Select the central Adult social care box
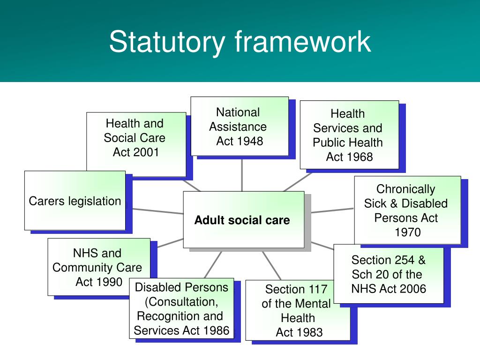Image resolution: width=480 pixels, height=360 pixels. coord(243,219)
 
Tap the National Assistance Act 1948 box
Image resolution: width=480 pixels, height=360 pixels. coord(240,126)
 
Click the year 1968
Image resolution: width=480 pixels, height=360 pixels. coord(358,157)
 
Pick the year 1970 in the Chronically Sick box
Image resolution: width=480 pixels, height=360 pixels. coord(407,232)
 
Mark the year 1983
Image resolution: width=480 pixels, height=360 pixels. coord(309,332)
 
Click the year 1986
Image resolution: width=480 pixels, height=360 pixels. coord(216,330)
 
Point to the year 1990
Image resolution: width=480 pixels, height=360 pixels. coord(109,282)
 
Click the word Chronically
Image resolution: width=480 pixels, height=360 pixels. coord(406,189)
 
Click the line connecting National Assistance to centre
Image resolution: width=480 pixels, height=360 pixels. coord(242,173)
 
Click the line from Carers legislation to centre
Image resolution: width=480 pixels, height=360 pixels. coord(155,210)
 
